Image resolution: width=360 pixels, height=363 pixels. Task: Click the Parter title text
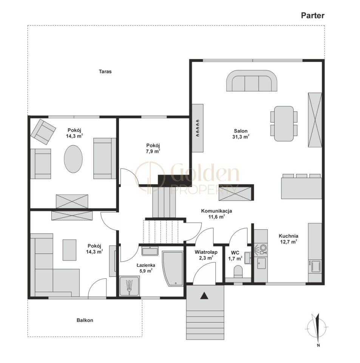click(313, 16)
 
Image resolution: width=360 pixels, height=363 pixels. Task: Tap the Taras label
click(105, 71)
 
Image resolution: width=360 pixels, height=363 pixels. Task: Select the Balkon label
click(85, 320)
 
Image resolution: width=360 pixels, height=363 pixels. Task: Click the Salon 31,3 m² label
click(241, 134)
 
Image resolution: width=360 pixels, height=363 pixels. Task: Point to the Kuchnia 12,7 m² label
click(288, 239)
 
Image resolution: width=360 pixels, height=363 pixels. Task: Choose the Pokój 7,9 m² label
click(153, 148)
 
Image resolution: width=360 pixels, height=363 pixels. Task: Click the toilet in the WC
click(238, 271)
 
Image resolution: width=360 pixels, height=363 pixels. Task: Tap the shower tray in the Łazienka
click(130, 286)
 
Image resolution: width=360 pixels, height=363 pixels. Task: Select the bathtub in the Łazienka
click(173, 268)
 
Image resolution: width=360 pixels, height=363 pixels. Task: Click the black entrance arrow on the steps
click(204, 296)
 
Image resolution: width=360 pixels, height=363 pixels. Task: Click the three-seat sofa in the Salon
click(252, 81)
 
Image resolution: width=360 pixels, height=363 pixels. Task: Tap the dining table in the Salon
click(284, 123)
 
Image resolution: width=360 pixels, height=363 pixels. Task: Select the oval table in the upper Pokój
click(73, 159)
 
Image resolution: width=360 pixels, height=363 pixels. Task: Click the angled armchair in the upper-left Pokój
click(43, 132)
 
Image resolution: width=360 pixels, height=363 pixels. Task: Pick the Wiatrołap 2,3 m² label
click(206, 254)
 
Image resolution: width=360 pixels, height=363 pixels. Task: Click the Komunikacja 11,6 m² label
click(216, 214)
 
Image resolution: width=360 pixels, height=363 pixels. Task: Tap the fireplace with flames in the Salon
click(198, 128)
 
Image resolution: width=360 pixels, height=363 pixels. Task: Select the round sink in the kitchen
click(263, 248)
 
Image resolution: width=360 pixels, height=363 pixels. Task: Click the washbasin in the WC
click(248, 258)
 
